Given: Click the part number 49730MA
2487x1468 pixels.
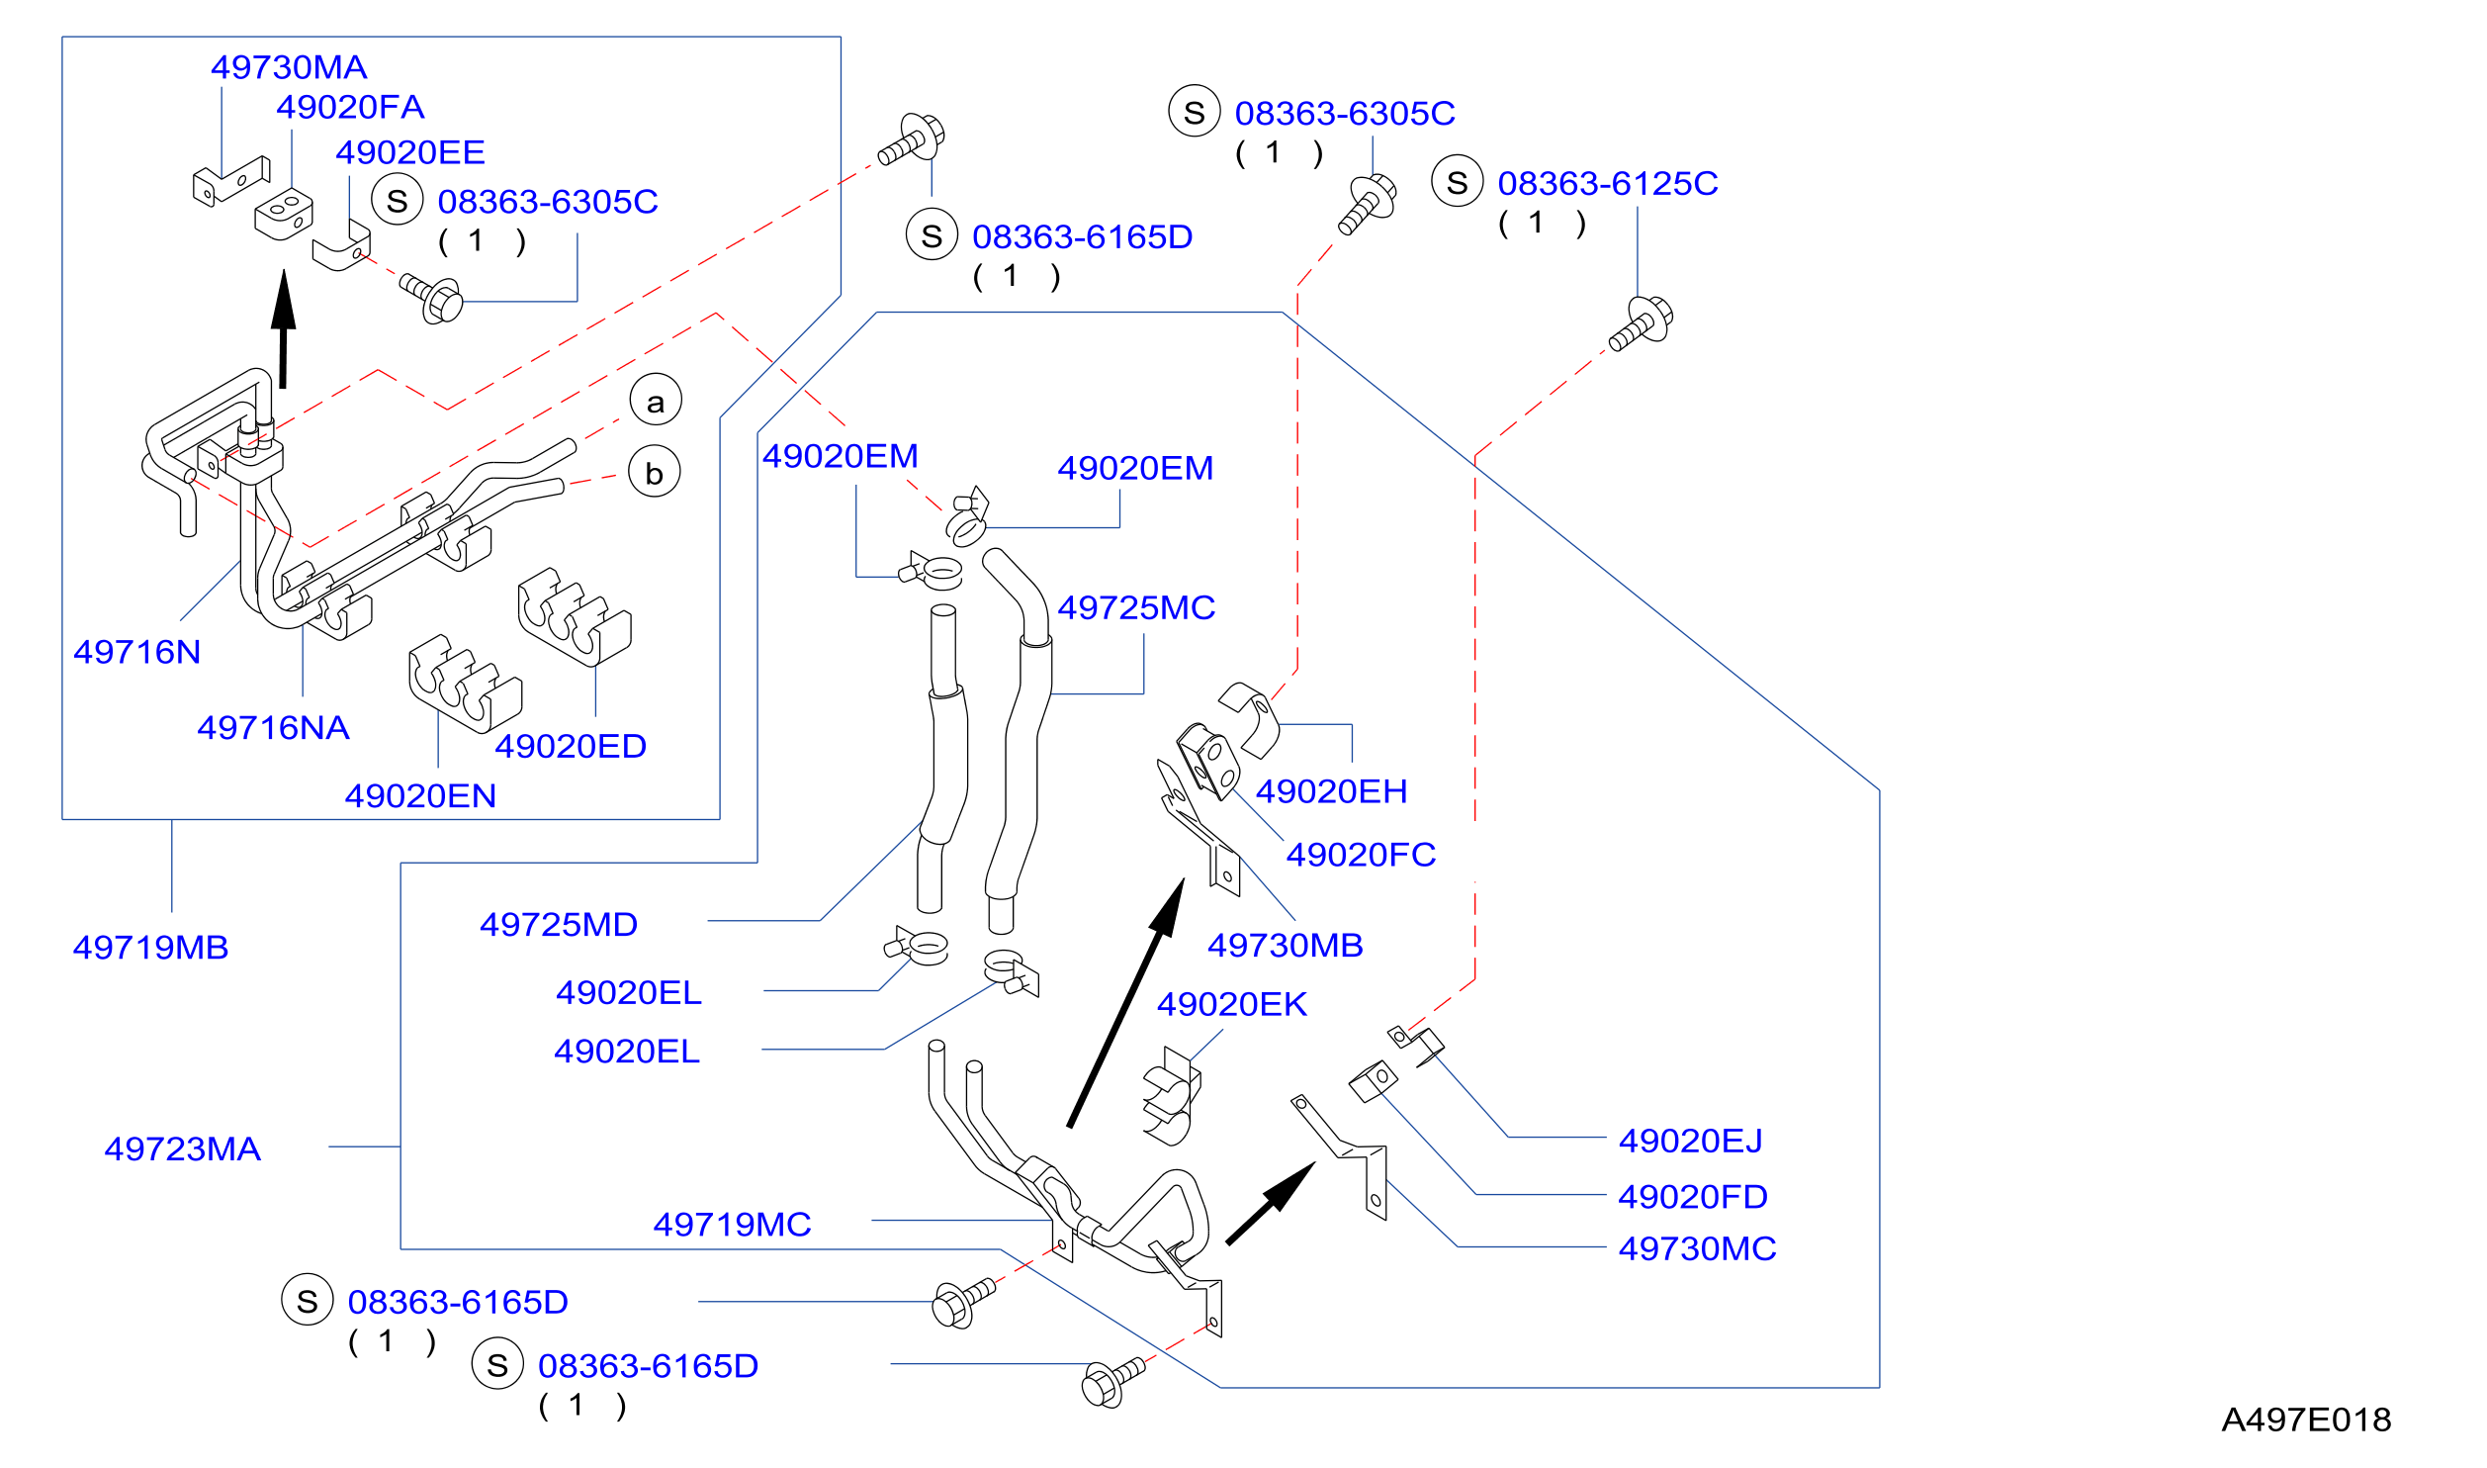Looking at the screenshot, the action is (x=289, y=67).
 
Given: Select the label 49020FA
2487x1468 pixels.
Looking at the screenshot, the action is (x=350, y=107).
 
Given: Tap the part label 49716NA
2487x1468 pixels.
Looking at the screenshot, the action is (x=273, y=728).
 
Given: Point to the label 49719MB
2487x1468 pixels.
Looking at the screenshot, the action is (x=150, y=948).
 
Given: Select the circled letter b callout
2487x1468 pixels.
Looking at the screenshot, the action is (x=655, y=471).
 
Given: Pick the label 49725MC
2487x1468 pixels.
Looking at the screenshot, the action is (x=1136, y=607).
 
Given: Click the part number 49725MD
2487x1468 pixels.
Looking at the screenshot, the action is (x=559, y=925).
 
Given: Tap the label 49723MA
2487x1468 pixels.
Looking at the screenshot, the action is (x=183, y=1149).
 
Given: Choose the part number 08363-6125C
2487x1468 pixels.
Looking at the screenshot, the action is (x=1608, y=183).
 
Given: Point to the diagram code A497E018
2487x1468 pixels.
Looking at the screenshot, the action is (x=2307, y=1421).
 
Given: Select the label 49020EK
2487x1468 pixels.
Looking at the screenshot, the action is (x=1232, y=1005).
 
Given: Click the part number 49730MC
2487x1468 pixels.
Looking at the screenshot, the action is (x=1697, y=1249).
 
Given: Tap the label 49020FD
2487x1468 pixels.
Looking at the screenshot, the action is (x=1693, y=1197).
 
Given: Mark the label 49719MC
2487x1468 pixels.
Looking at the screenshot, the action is (x=732, y=1225).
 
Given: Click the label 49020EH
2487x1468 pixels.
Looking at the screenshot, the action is (x=1331, y=791).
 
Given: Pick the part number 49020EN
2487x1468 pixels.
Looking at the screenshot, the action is (x=420, y=796).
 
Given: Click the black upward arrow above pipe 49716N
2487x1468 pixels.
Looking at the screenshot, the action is (x=284, y=328).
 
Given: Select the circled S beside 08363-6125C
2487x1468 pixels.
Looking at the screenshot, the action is (x=1458, y=181).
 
